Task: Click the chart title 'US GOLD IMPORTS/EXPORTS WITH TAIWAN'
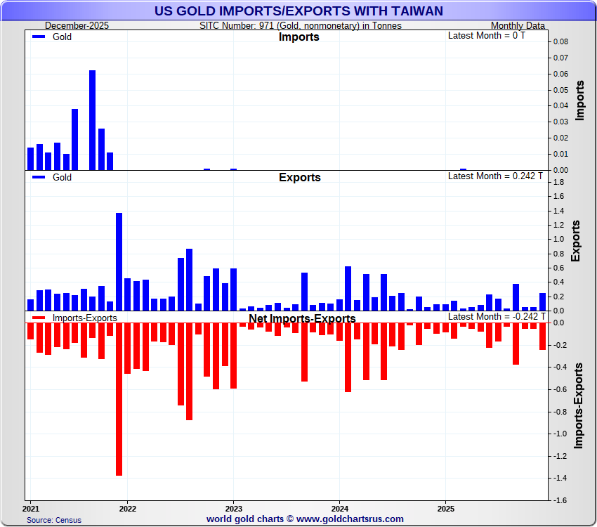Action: tap(298, 11)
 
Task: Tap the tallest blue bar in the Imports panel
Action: tap(92, 119)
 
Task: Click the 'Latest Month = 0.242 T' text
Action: tap(495, 176)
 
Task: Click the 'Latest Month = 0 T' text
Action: tap(486, 36)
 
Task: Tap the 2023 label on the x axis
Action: tap(233, 507)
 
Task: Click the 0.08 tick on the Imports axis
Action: tap(560, 41)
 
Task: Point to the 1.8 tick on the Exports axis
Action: tap(558, 183)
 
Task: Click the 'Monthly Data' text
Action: tap(518, 26)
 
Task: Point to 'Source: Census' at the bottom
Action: tap(54, 520)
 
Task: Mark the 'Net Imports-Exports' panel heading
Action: tap(302, 318)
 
